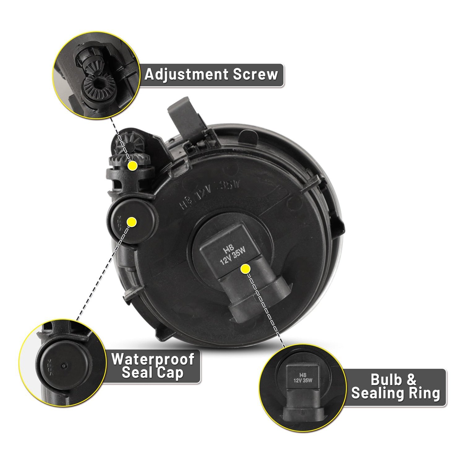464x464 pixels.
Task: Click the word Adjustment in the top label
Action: [x=187, y=75]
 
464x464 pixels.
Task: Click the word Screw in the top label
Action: [x=256, y=75]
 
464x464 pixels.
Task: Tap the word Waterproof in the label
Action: [x=153, y=359]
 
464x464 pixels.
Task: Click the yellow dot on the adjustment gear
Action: [x=133, y=165]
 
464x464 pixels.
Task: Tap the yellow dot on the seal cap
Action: [x=132, y=222]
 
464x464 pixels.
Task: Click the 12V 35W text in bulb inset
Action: [x=302, y=381]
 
